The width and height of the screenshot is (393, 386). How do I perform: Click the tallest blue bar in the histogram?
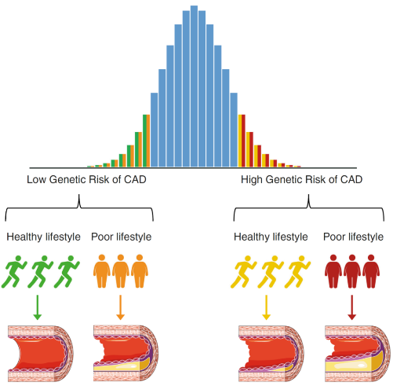coord(194,86)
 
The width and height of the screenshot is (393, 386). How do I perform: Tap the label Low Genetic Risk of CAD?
coord(86,179)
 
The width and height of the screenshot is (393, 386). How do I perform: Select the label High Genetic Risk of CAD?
coord(301,179)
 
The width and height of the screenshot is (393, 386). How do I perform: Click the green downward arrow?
coord(38,307)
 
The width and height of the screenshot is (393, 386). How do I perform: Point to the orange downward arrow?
coord(120,307)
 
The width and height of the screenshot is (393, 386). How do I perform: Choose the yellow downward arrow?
coord(266,307)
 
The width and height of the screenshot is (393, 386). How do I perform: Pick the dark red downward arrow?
coord(352,307)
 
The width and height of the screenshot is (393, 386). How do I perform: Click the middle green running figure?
coord(40,272)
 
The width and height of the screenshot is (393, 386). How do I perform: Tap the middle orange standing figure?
coord(121,271)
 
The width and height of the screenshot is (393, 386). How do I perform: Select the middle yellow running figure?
coord(271,272)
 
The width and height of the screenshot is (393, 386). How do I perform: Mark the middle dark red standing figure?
coord(352,271)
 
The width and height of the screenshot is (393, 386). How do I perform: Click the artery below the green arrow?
coord(41,354)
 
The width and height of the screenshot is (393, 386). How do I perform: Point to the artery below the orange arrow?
coord(126,354)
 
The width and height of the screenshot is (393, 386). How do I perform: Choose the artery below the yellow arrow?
coord(271,354)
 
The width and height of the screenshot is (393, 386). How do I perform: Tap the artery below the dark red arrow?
coord(358,354)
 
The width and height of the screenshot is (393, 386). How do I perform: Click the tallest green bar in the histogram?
coord(144,141)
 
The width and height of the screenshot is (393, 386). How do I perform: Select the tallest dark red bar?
coord(243,141)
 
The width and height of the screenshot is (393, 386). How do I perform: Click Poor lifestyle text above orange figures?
coord(122,237)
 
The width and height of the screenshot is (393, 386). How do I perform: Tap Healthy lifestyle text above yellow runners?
coord(271,237)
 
